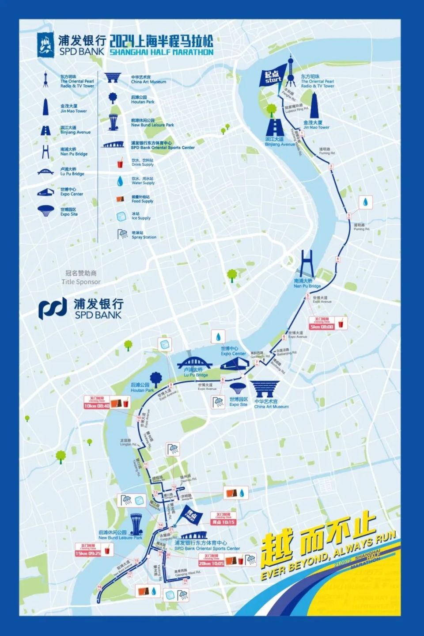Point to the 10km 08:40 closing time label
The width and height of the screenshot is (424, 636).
[97, 403]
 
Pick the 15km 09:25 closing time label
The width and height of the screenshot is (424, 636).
[88, 550]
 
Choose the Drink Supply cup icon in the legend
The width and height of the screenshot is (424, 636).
[120, 163]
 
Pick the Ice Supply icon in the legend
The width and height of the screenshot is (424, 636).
[121, 216]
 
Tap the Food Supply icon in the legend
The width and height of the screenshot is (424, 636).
[120, 199]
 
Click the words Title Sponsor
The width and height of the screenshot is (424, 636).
[81, 282]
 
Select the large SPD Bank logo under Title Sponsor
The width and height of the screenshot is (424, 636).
[80, 308]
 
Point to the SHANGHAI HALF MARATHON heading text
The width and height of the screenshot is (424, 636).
[161, 52]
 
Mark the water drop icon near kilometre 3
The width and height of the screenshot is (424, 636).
[366, 202]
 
